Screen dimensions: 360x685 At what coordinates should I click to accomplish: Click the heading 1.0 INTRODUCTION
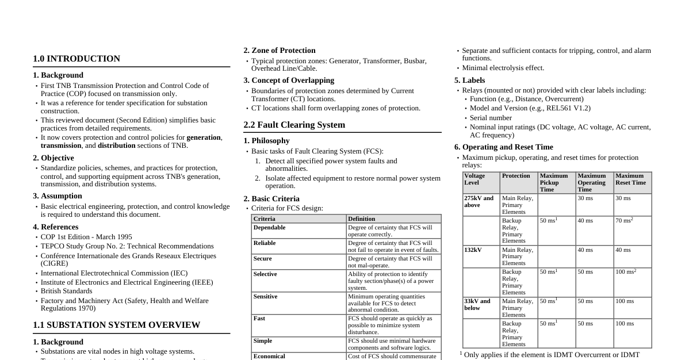[76, 59]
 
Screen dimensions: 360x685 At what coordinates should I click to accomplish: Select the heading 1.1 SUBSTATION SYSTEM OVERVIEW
[116, 325]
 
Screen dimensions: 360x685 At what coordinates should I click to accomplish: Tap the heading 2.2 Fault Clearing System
[294, 125]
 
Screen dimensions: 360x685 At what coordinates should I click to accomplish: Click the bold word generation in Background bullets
[204, 137]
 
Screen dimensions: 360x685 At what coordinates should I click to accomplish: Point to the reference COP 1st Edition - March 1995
[86, 237]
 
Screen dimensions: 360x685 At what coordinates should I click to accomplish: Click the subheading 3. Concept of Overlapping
[288, 81]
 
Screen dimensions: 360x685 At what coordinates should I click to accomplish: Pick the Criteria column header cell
[265, 219]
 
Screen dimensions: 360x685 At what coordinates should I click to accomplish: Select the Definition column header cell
[362, 219]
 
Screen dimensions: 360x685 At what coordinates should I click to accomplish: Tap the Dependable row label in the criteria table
[269, 228]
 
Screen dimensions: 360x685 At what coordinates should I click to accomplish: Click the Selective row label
[265, 274]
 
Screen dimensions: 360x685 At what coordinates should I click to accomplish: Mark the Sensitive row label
[266, 297]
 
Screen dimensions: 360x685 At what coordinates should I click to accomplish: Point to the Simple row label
[263, 341]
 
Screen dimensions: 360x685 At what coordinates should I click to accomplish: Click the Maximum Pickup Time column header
[553, 182]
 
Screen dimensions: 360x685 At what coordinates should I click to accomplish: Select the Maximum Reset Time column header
[630, 179]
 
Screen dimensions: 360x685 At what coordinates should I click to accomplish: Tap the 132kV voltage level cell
[473, 250]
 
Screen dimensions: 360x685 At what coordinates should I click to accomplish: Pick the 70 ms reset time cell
[623, 220]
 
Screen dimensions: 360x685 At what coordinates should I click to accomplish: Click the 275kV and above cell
[479, 201]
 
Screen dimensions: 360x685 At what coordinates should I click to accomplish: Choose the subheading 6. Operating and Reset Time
[503, 147]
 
